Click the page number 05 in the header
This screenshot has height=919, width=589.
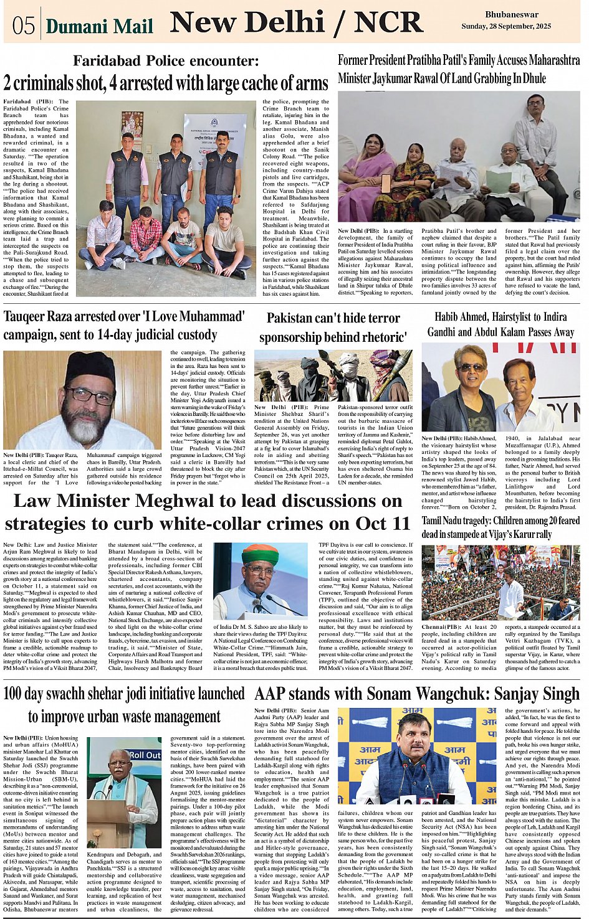click(x=23, y=26)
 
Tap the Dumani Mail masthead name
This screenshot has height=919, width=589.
click(x=99, y=26)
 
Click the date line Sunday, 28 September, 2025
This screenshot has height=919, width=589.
click(x=506, y=27)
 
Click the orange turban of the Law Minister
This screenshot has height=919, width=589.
click(x=260, y=553)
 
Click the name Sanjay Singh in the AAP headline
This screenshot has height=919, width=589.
click(x=535, y=694)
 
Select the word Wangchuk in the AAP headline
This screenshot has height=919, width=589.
click(x=453, y=694)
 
